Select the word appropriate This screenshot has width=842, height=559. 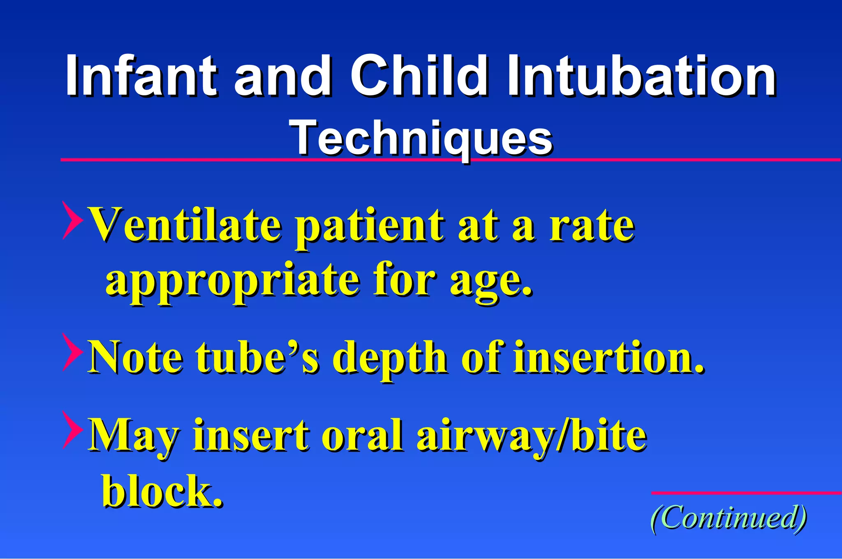pyautogui.click(x=233, y=282)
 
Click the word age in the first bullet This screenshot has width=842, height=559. pyautogui.click(x=489, y=283)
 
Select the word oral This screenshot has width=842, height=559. pyautogui.click(x=362, y=436)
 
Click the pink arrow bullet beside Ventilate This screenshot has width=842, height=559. pyautogui.click(x=72, y=220)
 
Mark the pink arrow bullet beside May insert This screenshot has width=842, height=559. pyautogui.click(x=72, y=430)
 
